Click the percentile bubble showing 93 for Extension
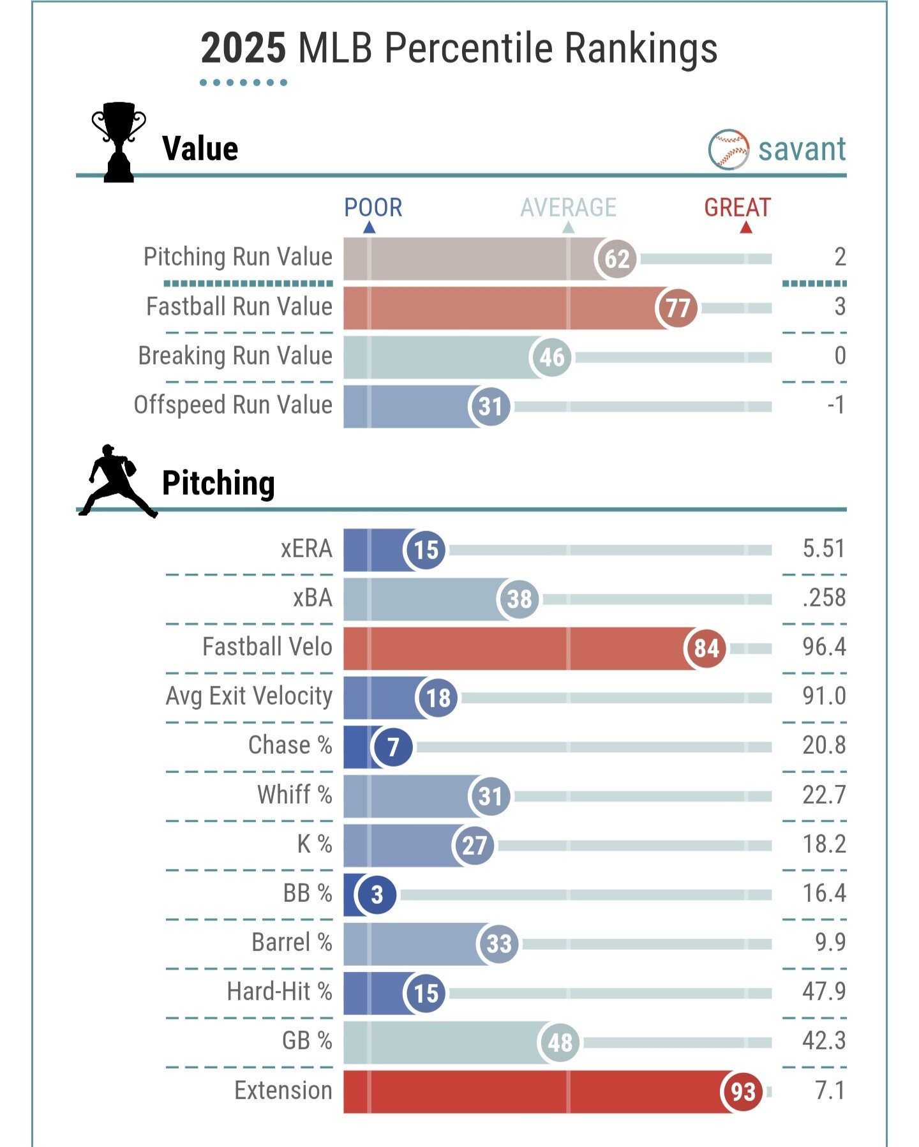click(742, 1091)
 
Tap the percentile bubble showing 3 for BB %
click(376, 894)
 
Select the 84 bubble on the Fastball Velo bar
click(706, 648)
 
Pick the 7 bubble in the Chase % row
click(392, 746)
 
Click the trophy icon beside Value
click(119, 142)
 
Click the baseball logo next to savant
click(728, 150)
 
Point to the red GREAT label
click(737, 207)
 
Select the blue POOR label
click(373, 207)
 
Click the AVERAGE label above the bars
click(568, 207)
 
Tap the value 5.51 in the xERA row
click(823, 548)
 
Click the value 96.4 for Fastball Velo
click(823, 647)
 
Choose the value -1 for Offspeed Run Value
click(835, 405)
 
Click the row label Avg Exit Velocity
click(249, 696)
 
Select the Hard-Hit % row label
click(280, 991)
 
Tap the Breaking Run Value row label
click(235, 356)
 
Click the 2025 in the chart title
click(243, 49)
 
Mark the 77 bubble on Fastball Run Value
click(676, 308)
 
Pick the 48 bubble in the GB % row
click(559, 1042)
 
